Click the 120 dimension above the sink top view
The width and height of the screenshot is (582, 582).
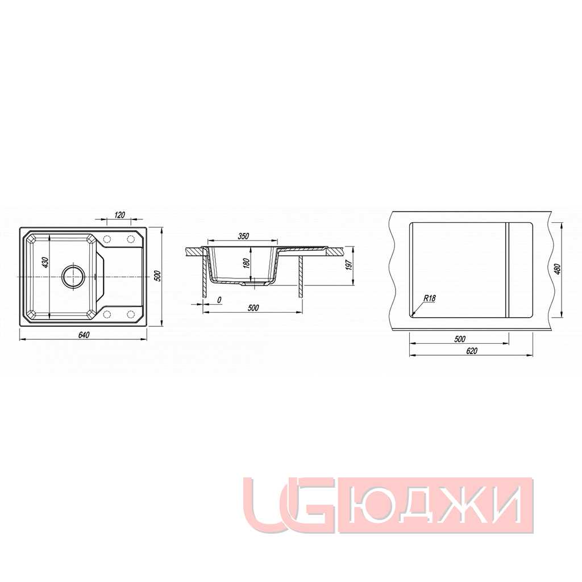(x=120, y=214)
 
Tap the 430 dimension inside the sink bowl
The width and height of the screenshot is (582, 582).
(x=45, y=263)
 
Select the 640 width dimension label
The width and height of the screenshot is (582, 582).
(x=84, y=335)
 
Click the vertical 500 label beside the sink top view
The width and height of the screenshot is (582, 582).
(x=157, y=276)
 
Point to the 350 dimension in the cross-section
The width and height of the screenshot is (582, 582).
(x=243, y=236)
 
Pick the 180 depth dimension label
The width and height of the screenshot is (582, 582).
(x=246, y=263)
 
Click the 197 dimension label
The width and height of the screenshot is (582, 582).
(x=349, y=265)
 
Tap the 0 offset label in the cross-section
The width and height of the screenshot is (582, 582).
(x=219, y=300)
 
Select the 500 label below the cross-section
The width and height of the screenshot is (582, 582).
(x=253, y=307)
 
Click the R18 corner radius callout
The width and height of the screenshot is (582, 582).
(x=430, y=298)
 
